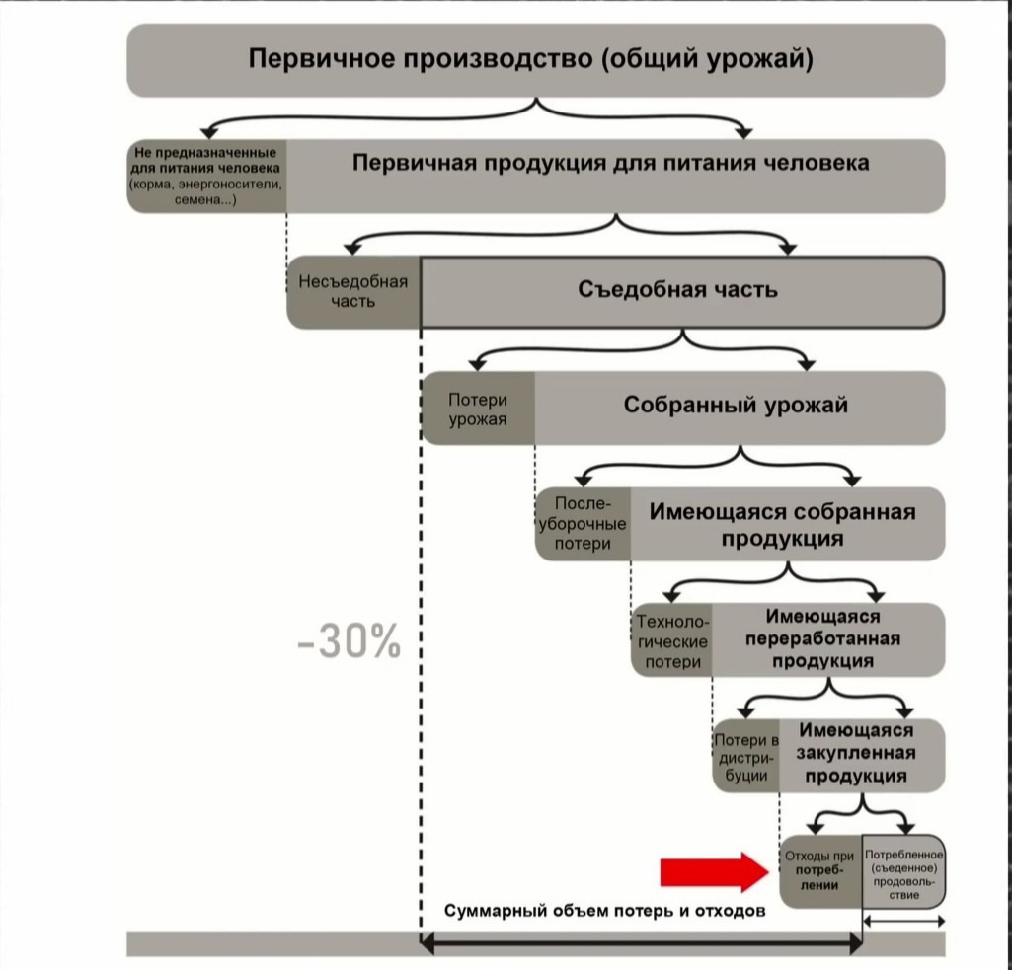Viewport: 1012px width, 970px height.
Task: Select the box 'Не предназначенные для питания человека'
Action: click(206, 177)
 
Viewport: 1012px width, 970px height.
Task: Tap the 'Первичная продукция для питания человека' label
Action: click(611, 163)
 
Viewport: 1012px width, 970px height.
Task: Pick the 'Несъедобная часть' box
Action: click(352, 291)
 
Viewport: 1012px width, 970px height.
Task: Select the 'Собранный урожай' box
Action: click(736, 406)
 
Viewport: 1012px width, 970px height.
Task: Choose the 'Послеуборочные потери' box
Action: click(583, 524)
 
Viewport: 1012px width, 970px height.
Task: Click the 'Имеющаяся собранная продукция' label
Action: click(782, 525)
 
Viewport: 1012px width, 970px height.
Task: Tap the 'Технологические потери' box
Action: click(672, 641)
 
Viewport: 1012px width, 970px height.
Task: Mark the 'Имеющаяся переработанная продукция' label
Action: click(822, 638)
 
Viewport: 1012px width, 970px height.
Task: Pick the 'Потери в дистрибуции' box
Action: click(746, 758)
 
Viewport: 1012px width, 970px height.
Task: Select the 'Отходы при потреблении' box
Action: click(820, 870)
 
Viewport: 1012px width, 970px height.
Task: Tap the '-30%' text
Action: click(350, 643)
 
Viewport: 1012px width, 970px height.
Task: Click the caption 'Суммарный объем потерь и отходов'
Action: click(604, 911)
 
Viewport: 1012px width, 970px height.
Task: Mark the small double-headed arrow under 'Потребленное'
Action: click(903, 921)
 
